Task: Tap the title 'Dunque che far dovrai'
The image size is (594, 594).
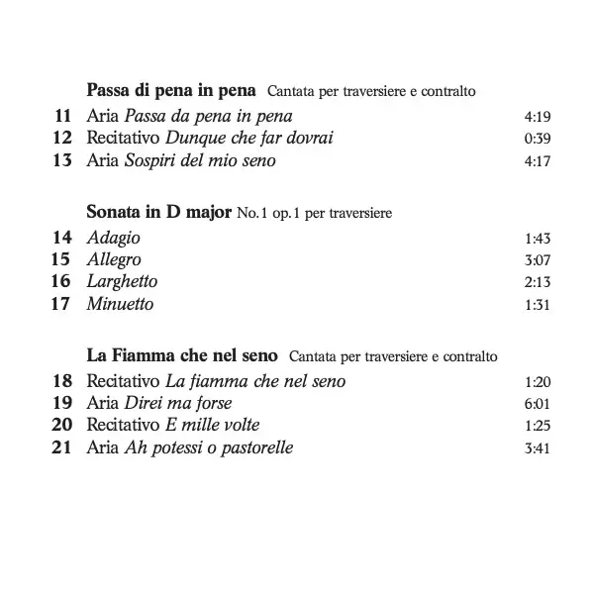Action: [x=248, y=139]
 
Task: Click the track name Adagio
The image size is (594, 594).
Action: [x=114, y=238]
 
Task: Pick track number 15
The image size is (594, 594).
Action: [x=61, y=259]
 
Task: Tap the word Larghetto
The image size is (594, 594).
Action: [x=122, y=281]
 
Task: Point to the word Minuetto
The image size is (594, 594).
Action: [x=120, y=303]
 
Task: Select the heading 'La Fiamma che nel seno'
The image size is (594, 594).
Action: [x=183, y=354]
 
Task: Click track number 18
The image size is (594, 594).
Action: [x=61, y=380]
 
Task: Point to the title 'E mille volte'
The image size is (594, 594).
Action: [x=212, y=424]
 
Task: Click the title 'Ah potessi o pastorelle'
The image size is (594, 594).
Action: [x=209, y=446]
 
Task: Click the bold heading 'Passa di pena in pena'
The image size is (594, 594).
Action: [x=171, y=91]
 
